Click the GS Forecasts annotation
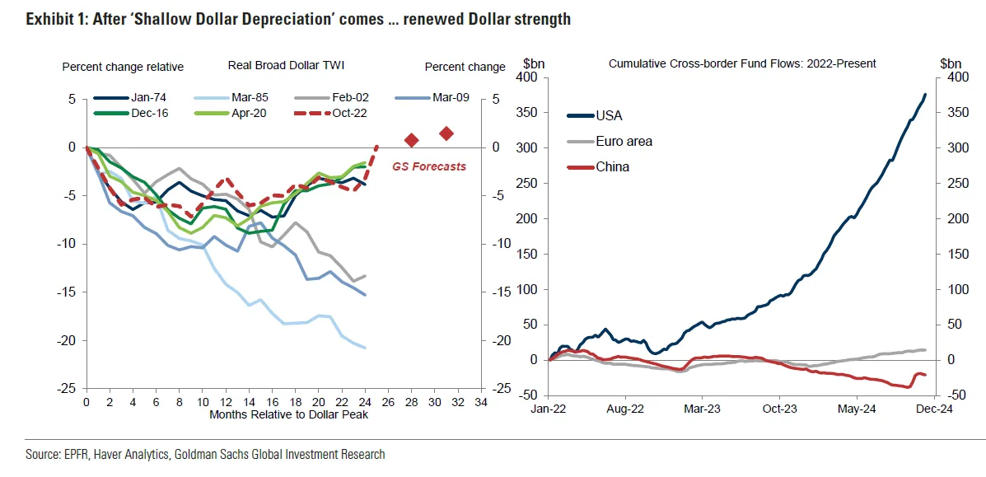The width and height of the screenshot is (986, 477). (428, 166)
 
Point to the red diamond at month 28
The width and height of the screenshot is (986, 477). (412, 140)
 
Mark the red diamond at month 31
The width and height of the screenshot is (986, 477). (446, 133)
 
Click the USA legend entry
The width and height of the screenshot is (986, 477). (609, 115)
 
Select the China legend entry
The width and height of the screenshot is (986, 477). (612, 166)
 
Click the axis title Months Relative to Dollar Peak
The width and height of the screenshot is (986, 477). (288, 414)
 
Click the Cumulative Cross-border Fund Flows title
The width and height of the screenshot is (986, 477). (741, 63)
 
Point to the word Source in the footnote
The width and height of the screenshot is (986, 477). (44, 454)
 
